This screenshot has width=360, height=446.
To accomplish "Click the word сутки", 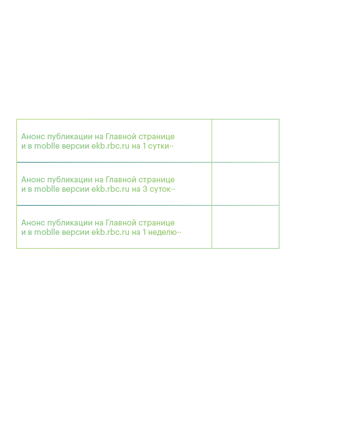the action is (x=159, y=146).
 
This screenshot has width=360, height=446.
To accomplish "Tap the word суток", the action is (x=160, y=189).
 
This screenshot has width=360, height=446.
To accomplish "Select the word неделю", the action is (x=163, y=232).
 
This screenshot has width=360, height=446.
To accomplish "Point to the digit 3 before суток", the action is (x=145, y=189).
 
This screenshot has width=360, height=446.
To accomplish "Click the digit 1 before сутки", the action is (x=144, y=146).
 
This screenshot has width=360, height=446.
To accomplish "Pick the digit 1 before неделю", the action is (x=144, y=232).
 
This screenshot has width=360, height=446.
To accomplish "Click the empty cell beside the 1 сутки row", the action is (x=245, y=141).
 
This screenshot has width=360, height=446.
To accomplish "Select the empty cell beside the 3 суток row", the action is (x=245, y=184).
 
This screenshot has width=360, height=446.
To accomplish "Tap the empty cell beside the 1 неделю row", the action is (x=245, y=226).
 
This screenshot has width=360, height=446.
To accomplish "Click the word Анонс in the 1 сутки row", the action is (x=33, y=137).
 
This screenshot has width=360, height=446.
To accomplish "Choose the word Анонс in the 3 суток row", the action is (x=33, y=179).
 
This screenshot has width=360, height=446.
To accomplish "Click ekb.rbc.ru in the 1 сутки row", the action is (x=111, y=146).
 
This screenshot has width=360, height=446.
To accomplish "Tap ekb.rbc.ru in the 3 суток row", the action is (x=111, y=189).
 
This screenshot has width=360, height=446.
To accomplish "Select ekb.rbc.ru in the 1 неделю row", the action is (x=111, y=232).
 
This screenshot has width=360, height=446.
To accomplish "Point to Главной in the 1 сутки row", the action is (x=121, y=137).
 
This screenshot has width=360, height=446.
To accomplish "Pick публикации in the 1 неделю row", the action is (x=70, y=223).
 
